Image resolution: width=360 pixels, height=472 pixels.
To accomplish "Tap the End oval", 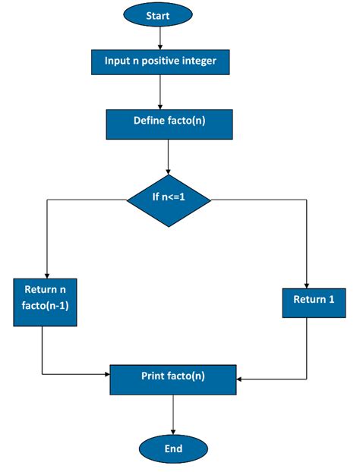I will (x=173, y=448).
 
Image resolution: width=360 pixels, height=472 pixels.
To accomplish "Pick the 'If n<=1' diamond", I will (x=169, y=200).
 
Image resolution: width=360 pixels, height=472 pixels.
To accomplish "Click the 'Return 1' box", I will (x=314, y=300).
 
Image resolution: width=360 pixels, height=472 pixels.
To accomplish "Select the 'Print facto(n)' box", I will (x=173, y=376).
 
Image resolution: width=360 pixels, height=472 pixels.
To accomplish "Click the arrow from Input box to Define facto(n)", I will (x=160, y=92).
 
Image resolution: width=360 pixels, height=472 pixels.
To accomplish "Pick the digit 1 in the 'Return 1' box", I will (x=331, y=300).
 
